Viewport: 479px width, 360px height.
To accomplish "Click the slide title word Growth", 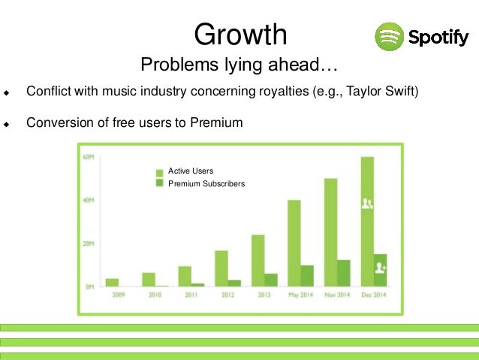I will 240,34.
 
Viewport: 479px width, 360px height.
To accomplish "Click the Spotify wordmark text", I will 438,36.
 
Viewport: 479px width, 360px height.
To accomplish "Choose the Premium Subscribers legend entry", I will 205,183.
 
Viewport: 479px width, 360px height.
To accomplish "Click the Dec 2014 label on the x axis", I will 373,295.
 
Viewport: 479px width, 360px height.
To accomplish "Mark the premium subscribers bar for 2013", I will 271,280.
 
